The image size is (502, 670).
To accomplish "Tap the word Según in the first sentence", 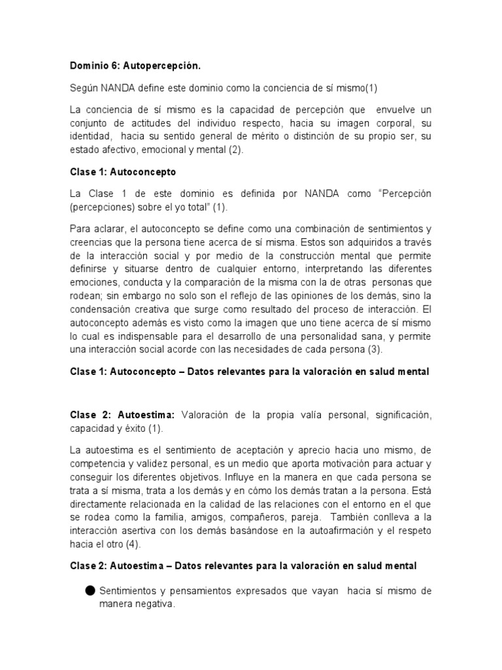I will [84, 88].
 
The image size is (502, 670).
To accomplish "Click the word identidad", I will [91, 137].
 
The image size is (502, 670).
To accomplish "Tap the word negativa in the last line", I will [154, 606].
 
